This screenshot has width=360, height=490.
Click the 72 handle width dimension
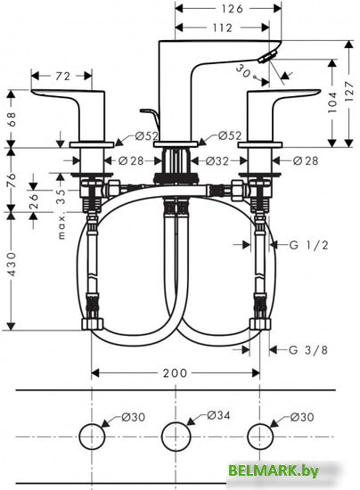(63, 77)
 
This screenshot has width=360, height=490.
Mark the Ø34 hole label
(218, 415)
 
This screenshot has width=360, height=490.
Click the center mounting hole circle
(175, 437)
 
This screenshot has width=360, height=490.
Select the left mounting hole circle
(91, 437)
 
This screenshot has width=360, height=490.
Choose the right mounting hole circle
(258, 437)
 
